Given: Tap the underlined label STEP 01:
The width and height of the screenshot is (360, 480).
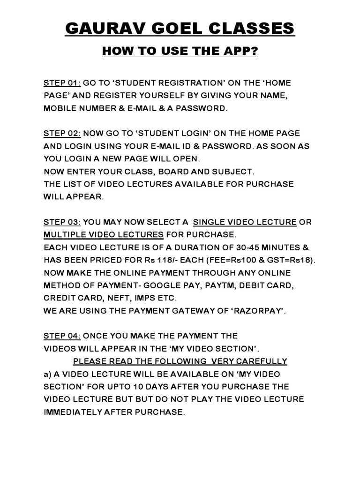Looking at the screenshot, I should click(x=62, y=83).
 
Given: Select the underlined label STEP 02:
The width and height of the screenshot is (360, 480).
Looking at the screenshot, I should click(x=62, y=134).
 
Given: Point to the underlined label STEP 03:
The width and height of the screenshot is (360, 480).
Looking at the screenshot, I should click(x=62, y=222).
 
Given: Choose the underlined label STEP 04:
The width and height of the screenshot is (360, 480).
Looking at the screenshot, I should click(x=62, y=336).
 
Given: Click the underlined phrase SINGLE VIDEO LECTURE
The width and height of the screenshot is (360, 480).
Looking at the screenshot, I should click(x=245, y=222).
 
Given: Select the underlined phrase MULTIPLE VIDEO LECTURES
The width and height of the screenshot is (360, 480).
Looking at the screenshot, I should click(x=104, y=234).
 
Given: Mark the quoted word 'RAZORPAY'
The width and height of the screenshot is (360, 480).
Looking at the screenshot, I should click(x=254, y=310).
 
